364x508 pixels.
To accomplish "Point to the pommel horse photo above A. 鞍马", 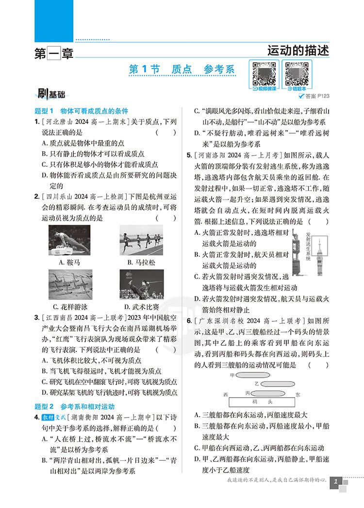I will click(x=69, y=239).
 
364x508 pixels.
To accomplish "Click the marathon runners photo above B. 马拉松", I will click(x=141, y=239).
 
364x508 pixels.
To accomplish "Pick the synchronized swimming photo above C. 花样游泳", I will click(x=69, y=284).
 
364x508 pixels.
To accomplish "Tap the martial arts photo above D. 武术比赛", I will click(x=141, y=284).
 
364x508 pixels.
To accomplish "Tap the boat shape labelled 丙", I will click(x=269, y=393).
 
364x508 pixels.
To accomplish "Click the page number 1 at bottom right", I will click(x=335, y=483).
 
